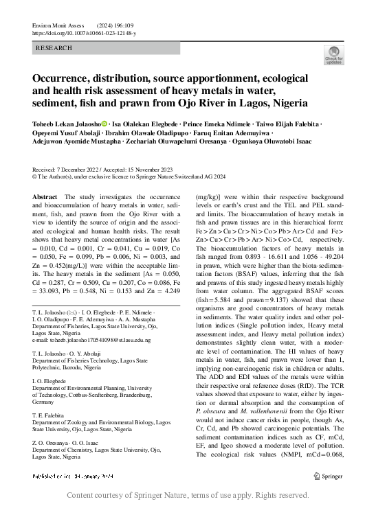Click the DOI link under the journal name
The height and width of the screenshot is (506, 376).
click(85, 33)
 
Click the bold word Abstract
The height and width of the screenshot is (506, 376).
click(45, 196)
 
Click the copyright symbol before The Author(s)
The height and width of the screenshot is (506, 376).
click(35, 176)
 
